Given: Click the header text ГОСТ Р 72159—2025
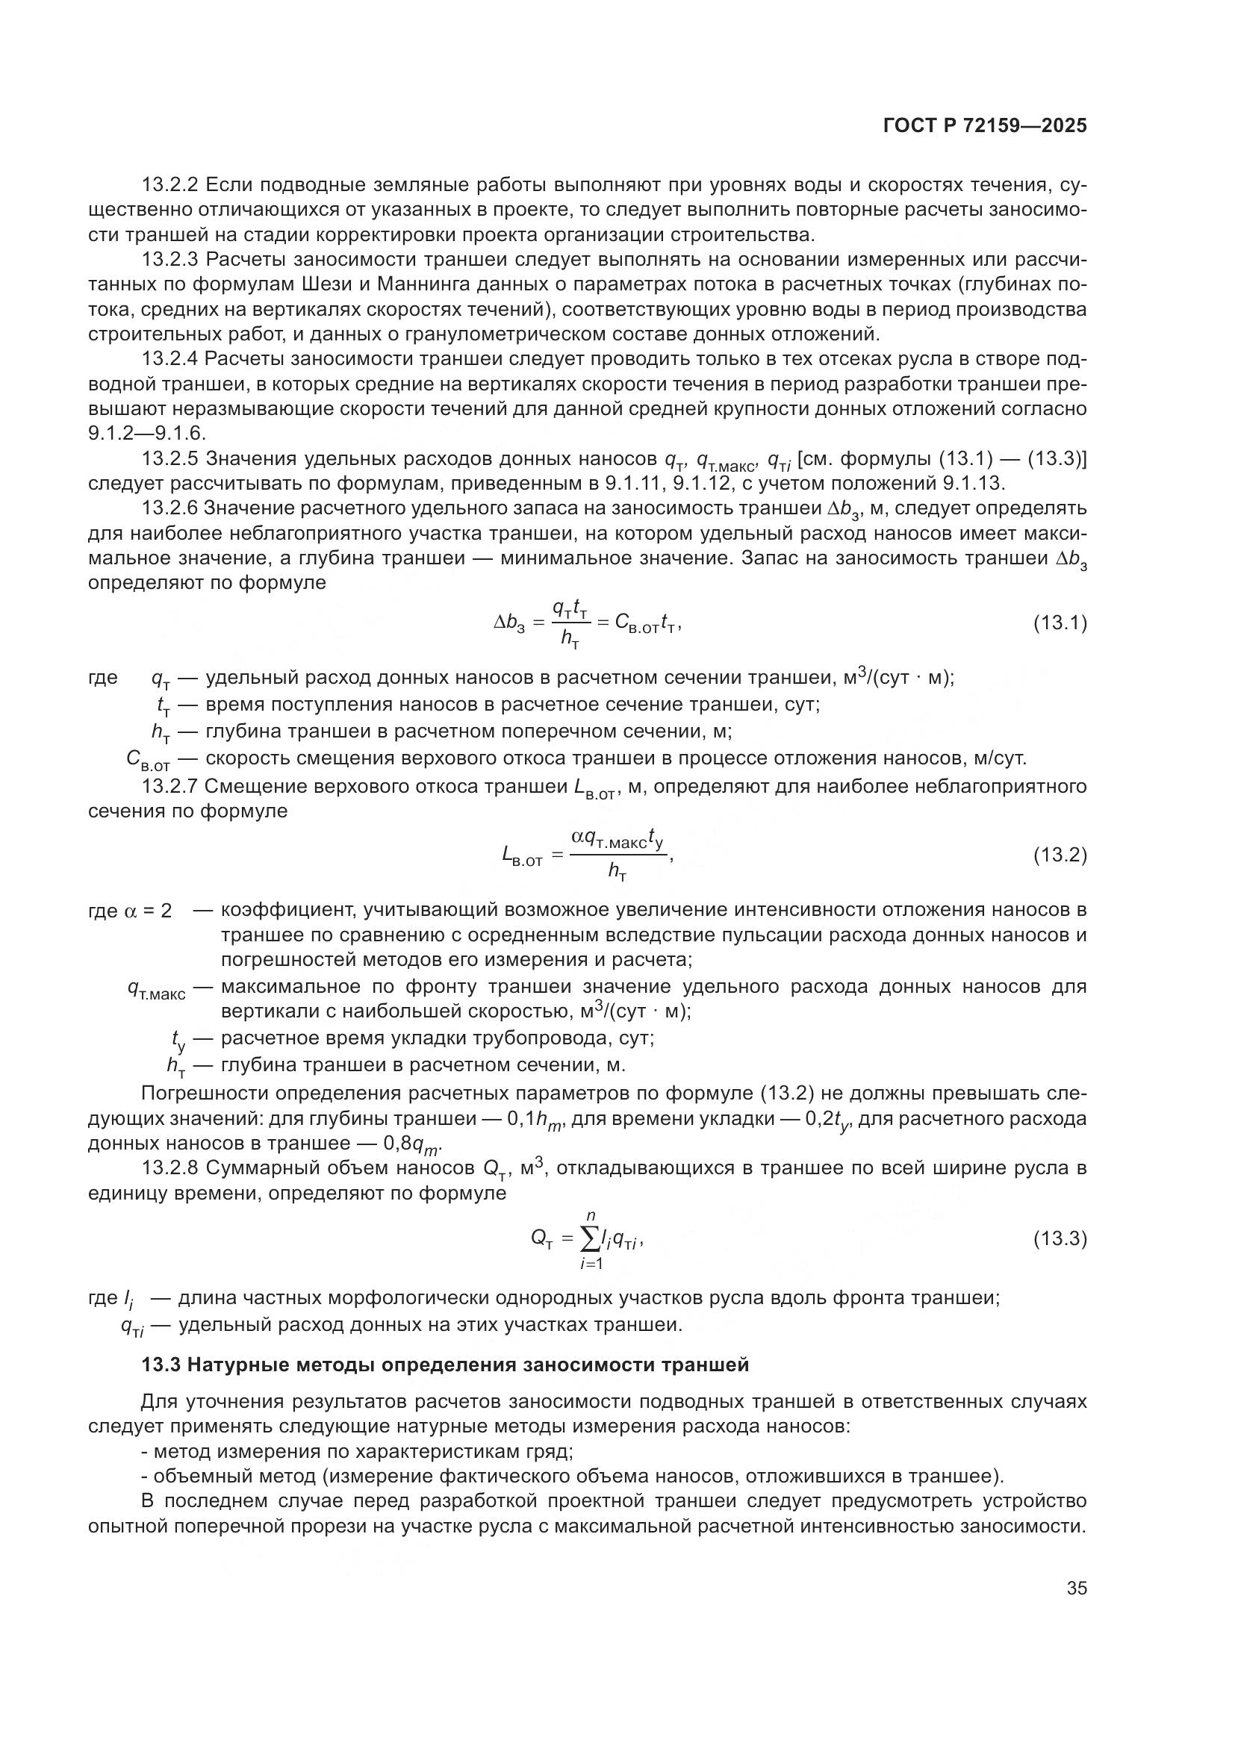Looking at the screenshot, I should pyautogui.click(x=985, y=126).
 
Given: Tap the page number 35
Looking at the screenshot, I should pyautogui.click(x=1076, y=1588).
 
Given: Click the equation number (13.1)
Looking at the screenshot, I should pyautogui.click(x=1060, y=623).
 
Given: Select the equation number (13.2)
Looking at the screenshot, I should pyautogui.click(x=1060, y=855).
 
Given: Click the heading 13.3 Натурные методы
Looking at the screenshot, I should pyautogui.click(x=445, y=1365).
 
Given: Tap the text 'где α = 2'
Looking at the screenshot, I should pyautogui.click(x=130, y=910).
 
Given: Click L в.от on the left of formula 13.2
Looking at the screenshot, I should pyautogui.click(x=523, y=857).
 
